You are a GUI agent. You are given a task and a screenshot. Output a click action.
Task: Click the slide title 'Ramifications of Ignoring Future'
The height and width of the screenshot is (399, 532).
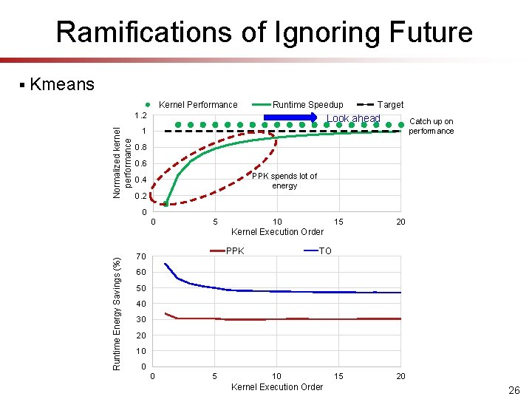click(264, 32)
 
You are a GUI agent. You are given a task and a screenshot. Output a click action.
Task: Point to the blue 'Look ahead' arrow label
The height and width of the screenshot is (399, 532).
click(353, 119)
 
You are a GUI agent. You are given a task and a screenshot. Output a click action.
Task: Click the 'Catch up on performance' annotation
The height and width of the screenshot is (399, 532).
click(432, 126)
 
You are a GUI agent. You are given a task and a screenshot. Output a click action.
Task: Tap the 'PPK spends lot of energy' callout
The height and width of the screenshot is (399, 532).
click(284, 181)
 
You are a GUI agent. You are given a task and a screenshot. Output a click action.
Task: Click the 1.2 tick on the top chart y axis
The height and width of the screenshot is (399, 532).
click(140, 116)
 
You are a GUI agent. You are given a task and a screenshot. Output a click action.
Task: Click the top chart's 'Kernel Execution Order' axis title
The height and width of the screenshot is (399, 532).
click(277, 232)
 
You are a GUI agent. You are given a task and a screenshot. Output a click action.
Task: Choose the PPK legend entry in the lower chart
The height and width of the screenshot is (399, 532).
click(234, 251)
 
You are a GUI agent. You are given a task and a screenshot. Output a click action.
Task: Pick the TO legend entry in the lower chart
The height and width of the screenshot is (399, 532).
click(325, 251)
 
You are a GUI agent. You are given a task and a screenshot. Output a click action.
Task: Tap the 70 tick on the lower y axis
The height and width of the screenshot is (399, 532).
click(142, 257)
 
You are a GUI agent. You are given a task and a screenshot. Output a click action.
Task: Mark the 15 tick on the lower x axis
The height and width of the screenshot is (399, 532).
click(338, 377)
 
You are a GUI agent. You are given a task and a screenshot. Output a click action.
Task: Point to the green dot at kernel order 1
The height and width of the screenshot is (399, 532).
click(166, 203)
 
